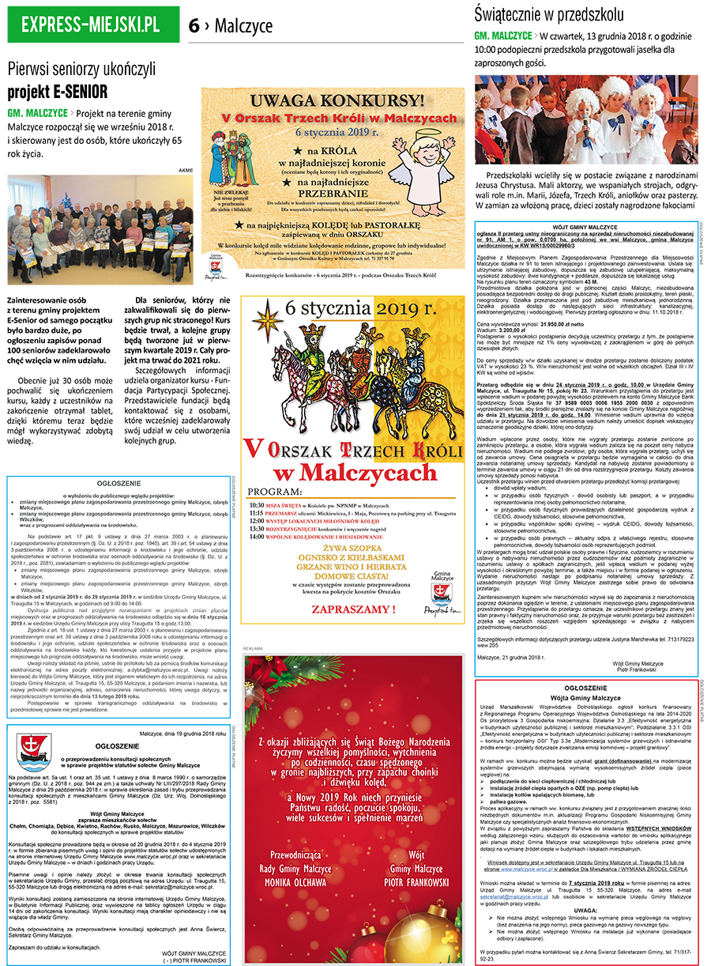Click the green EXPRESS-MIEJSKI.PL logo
click(x=93, y=25)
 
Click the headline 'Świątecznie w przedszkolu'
click(x=549, y=13)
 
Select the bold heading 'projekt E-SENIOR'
click(x=59, y=89)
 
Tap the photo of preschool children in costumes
click(x=585, y=120)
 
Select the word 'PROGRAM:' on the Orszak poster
click(x=277, y=489)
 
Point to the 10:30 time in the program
click(x=256, y=505)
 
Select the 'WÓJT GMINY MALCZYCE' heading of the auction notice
click(x=586, y=226)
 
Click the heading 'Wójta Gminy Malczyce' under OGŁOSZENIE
click(x=586, y=700)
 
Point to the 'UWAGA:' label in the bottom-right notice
click(x=586, y=909)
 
